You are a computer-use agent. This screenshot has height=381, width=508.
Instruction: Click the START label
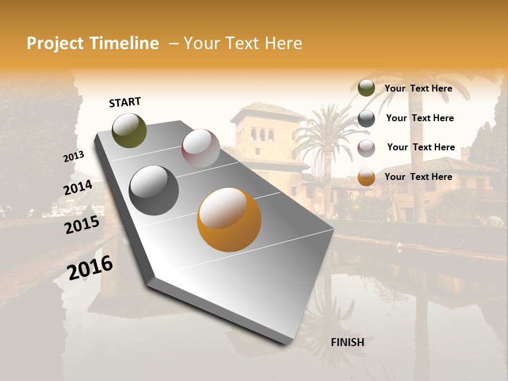[x=125, y=102]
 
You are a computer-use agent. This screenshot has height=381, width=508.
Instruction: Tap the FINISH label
[x=347, y=342]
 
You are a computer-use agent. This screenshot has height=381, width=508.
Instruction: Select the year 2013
[x=74, y=156]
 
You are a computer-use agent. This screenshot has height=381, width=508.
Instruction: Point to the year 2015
[x=81, y=225]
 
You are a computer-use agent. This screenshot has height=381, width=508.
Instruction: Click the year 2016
[x=89, y=267]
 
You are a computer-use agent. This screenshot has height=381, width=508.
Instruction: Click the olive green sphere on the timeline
[x=129, y=131]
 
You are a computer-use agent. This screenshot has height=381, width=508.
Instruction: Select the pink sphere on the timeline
[x=200, y=148]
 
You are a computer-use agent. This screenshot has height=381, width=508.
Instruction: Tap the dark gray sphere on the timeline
[x=153, y=190]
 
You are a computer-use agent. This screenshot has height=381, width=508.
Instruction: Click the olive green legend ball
[x=366, y=88]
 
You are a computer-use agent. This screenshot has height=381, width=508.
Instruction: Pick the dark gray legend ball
[x=366, y=119]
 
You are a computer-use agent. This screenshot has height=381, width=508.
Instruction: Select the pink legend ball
[x=366, y=148]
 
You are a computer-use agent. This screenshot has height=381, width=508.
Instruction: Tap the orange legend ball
[x=366, y=177]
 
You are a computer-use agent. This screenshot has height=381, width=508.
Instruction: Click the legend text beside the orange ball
[x=418, y=177]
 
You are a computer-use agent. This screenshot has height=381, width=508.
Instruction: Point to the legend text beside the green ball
[x=418, y=88]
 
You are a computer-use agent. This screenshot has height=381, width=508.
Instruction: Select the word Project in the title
[x=56, y=43]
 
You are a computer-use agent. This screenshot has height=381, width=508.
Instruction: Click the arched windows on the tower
[x=262, y=134]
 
